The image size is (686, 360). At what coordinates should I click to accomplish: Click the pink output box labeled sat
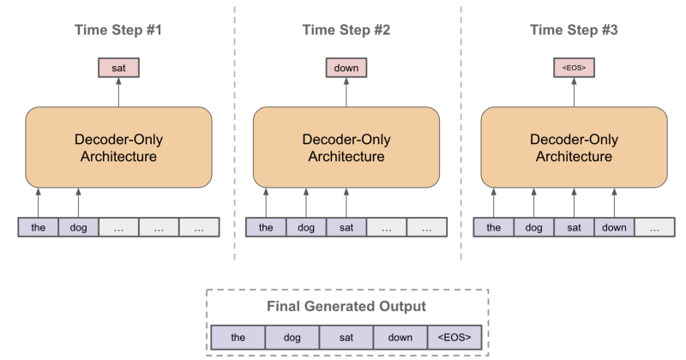pos(118,68)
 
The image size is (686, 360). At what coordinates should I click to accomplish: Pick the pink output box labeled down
pos(346,68)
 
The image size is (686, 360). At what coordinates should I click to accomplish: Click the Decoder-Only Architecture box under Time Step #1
pos(118,147)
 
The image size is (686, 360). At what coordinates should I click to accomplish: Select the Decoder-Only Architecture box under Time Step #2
pos(346,147)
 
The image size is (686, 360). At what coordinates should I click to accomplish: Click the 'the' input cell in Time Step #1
pos(39,227)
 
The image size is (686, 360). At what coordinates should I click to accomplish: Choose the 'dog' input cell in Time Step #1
pos(79,227)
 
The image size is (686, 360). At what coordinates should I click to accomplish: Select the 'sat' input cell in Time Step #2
pos(346,227)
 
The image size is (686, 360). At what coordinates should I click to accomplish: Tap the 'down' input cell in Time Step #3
pos(615,227)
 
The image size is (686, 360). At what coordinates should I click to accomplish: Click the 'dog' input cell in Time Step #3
pos(534,227)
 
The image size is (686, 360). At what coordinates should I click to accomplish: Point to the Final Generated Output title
pos(347,306)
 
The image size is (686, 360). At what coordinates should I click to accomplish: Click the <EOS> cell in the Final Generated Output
pos(454,337)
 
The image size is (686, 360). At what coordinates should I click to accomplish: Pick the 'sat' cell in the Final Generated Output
pos(346,337)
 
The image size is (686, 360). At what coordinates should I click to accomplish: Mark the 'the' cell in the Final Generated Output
pos(238,337)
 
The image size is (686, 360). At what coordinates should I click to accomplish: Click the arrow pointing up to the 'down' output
pos(346,93)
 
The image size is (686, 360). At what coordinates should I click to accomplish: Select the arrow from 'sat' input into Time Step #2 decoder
pos(346,203)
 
